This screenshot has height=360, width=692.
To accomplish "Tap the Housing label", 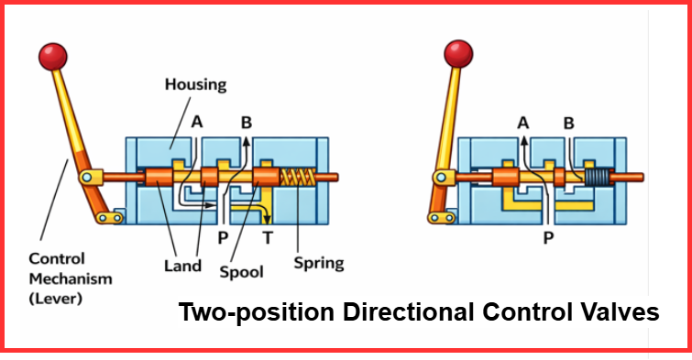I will tap(195, 84).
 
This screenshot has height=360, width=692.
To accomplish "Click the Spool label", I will tap(242, 272).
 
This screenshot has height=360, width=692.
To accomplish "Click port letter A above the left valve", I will tap(198, 121).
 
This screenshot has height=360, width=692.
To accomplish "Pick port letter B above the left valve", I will tap(246, 121).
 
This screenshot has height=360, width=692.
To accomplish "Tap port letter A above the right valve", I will tap(523, 122).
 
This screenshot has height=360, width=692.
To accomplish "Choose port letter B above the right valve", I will tap(568, 122).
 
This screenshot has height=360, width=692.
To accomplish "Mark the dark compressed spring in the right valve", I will tap(597, 177).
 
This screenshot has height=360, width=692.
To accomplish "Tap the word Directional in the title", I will tap(402, 312).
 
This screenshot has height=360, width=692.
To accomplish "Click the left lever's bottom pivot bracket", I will tap(110, 217).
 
